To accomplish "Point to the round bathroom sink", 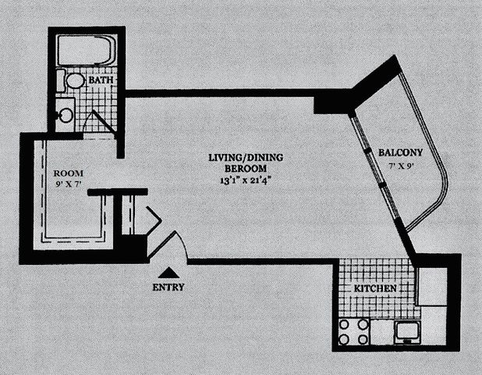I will tap(66, 116).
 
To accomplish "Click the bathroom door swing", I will tap(99, 123).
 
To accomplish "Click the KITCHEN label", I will tap(377, 289).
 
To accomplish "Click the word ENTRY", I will tap(167, 286).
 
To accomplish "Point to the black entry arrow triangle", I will tap(167, 272).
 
